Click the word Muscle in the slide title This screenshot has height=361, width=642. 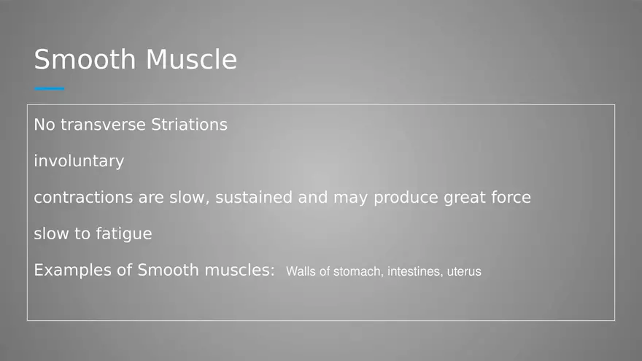click(191, 59)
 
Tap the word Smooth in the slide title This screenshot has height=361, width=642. click(85, 59)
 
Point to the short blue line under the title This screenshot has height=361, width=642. click(49, 88)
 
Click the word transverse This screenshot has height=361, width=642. click(103, 125)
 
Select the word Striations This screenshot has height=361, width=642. click(189, 125)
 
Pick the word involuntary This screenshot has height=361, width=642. click(79, 161)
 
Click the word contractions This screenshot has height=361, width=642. click(83, 198)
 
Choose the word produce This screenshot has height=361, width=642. click(406, 198)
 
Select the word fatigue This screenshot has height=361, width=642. click(123, 233)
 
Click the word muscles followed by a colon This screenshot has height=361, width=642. click(239, 270)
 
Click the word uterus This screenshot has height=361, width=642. click(464, 272)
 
